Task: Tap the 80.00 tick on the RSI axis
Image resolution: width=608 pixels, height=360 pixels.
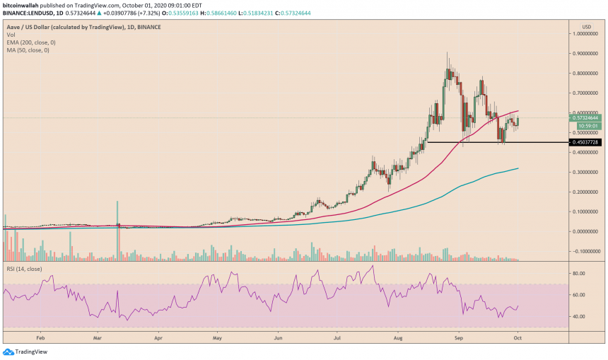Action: (578, 273)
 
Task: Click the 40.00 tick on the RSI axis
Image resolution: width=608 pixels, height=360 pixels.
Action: (578, 316)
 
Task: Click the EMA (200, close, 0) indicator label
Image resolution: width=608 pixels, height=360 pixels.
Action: (30, 42)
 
